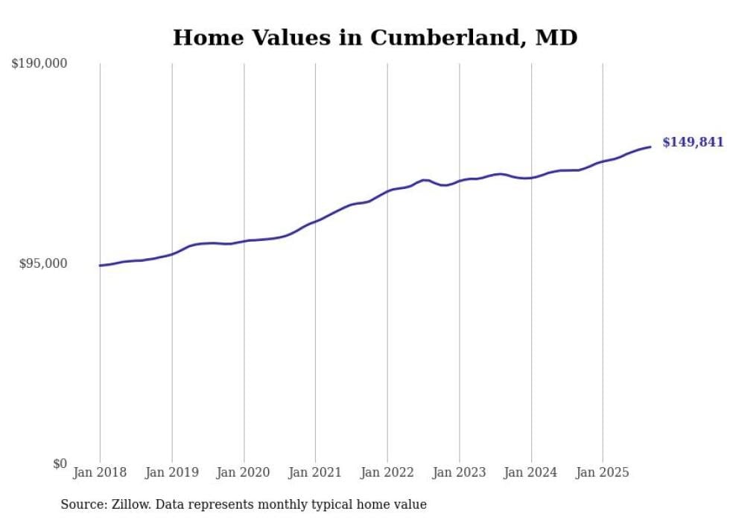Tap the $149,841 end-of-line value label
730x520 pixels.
pyautogui.click(x=693, y=142)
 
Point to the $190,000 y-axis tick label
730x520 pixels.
pyautogui.click(x=39, y=64)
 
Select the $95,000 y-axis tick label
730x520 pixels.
pyautogui.click(x=43, y=264)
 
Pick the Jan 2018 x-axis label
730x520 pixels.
pyautogui.click(x=100, y=472)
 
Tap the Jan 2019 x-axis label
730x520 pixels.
pyautogui.click(x=172, y=472)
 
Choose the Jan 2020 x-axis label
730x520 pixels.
pyautogui.click(x=244, y=472)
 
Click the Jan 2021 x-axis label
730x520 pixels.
pyautogui.click(x=315, y=472)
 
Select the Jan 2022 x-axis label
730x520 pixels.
pyautogui.click(x=387, y=472)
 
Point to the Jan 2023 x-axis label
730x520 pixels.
pyautogui.click(x=459, y=472)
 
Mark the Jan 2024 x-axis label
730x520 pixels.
pyautogui.click(x=531, y=472)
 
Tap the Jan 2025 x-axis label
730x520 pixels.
pyautogui.click(x=603, y=472)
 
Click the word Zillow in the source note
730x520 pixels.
pyautogui.click(x=126, y=504)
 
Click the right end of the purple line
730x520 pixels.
pyautogui.click(x=650, y=147)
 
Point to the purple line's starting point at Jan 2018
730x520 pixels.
pyautogui.click(x=101, y=266)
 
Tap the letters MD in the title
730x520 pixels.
pyautogui.click(x=556, y=37)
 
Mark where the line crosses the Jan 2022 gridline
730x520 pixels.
pyautogui.click(x=387, y=191)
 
